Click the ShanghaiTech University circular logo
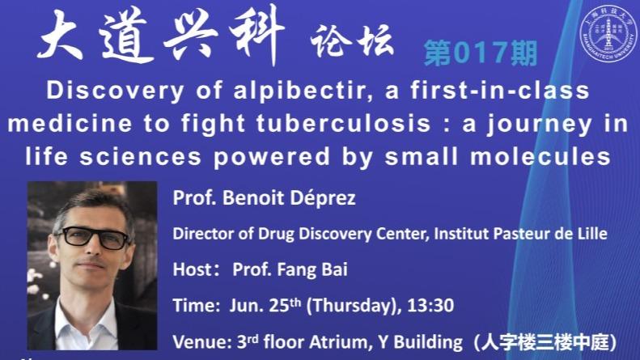[x=608, y=33]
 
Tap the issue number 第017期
[x=481, y=53]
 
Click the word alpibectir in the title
[x=299, y=91]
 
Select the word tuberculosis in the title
[x=344, y=123]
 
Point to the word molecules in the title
[x=540, y=157]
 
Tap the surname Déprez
[x=323, y=198]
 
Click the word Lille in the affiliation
[x=593, y=234]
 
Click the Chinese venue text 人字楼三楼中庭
[x=545, y=342]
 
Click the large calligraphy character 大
[x=60, y=36]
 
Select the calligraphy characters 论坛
[x=352, y=40]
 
